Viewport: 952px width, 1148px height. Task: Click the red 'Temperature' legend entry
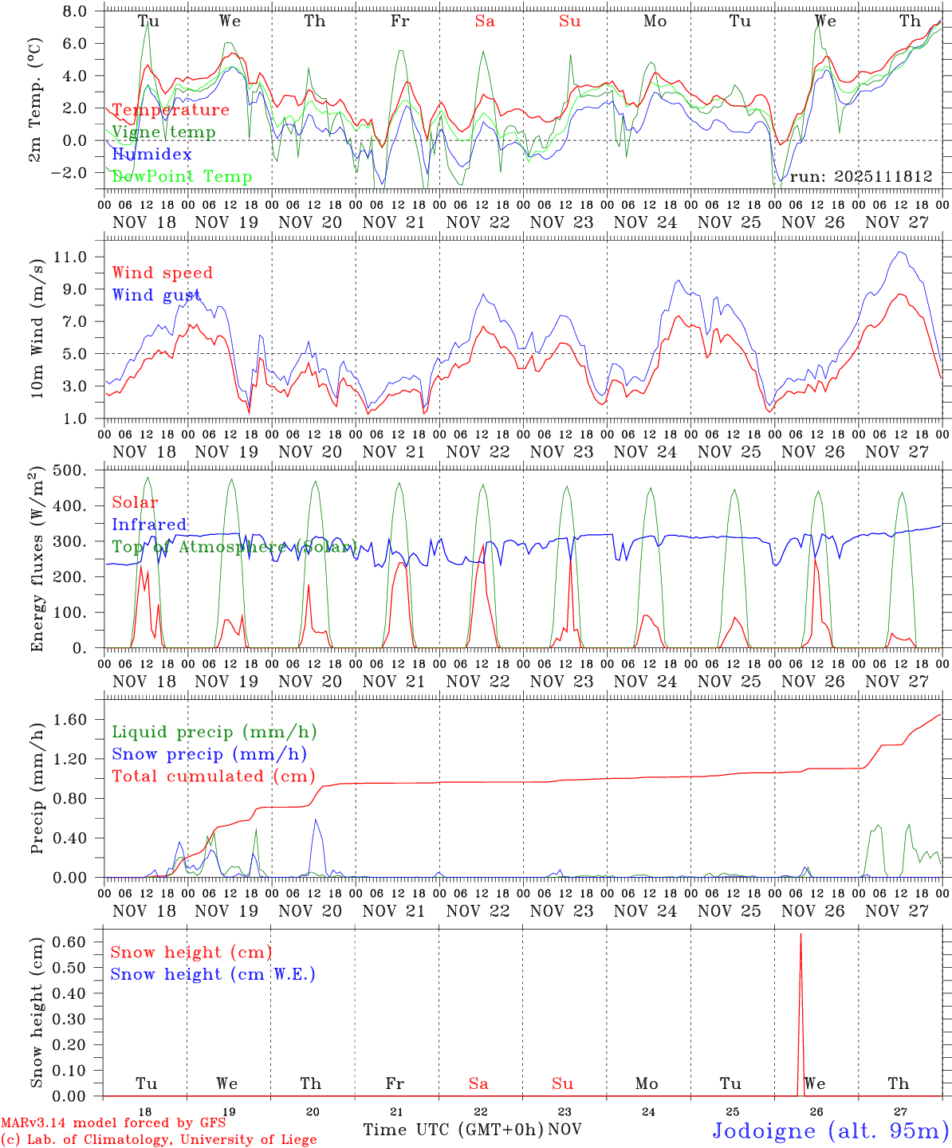[171, 110]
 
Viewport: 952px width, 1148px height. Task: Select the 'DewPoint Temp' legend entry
[182, 177]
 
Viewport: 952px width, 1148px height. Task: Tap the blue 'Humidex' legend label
[151, 155]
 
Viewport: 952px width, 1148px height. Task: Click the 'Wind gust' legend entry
[156, 295]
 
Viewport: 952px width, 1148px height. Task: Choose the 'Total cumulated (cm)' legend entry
[213, 776]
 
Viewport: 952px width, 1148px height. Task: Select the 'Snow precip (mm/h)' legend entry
[209, 754]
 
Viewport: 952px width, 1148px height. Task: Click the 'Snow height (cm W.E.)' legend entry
[213, 974]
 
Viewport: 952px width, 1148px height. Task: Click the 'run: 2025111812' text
[860, 176]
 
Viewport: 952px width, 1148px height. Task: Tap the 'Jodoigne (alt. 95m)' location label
[830, 1130]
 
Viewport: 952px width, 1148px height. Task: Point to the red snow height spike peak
[801, 934]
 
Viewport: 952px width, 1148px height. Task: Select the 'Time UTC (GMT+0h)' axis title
[454, 1130]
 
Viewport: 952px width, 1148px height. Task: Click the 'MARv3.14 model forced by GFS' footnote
[113, 1123]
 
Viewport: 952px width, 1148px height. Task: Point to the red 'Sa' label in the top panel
[485, 22]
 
